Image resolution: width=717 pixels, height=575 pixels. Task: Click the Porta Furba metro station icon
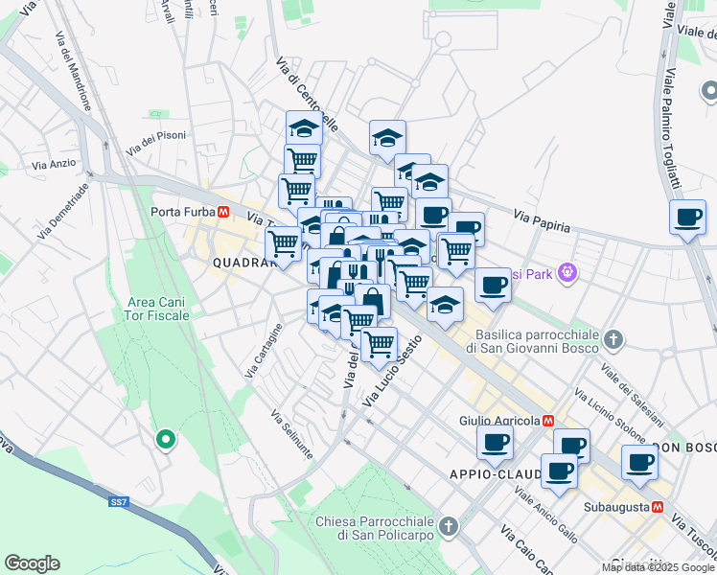coord(222,212)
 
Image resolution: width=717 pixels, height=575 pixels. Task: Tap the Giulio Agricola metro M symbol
coord(548,421)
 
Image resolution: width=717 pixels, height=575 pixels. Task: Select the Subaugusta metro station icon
coord(658,507)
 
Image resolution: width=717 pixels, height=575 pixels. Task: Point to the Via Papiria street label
coord(542,222)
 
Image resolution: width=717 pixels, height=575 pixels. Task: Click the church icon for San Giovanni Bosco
coord(613,339)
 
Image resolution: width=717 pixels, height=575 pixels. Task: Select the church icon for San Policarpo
coord(447,525)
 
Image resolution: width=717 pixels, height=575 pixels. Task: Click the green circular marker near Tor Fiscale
coord(165,440)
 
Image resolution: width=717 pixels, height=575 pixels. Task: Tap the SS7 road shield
coord(118,501)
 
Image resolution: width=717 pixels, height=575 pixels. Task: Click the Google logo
coord(32,563)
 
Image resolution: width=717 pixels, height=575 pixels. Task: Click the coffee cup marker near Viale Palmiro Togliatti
coord(687,218)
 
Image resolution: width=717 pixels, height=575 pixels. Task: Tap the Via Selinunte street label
coord(291,434)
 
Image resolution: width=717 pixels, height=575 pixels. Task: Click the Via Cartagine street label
coord(265,351)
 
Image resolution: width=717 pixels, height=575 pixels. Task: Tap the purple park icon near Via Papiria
coord(567,273)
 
